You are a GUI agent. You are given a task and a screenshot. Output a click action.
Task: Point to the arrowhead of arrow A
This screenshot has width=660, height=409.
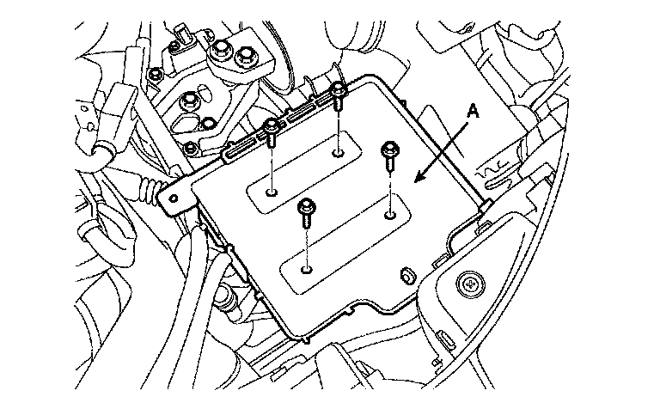pyautogui.click(x=416, y=180)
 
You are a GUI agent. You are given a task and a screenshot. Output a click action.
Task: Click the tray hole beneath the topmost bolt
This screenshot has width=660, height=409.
pyautogui.click(x=339, y=153)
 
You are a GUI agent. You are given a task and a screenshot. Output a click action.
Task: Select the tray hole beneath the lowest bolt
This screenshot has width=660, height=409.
pyautogui.click(x=307, y=269)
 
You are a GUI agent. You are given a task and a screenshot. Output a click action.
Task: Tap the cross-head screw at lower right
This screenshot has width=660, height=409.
pyautogui.click(x=471, y=282)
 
